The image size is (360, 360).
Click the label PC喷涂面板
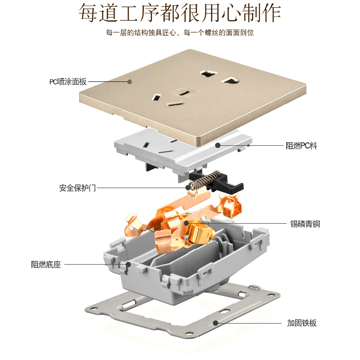68,82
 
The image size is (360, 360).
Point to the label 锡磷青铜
305,224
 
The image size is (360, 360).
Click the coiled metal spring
200,180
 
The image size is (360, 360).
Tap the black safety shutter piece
227,184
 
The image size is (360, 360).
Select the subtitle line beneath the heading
180,33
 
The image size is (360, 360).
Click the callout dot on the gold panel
129,82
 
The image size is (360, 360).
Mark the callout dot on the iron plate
216,323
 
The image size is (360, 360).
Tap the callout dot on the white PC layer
218,145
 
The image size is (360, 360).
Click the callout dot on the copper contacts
185,223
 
